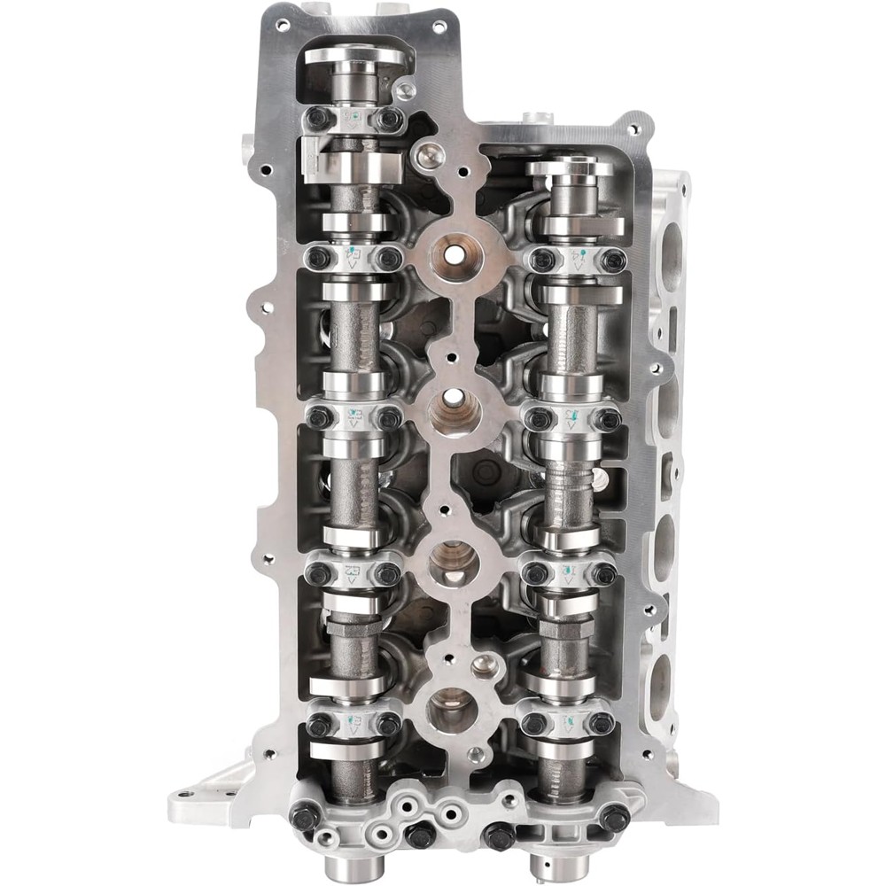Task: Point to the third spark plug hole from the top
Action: pyautogui.click(x=454, y=562)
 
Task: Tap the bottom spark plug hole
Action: pyautogui.click(x=452, y=709)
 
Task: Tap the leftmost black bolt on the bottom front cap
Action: pyautogui.click(x=304, y=816)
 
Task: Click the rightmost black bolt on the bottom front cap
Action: pyautogui.click(x=614, y=816)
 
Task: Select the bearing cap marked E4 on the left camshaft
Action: pyautogui.click(x=354, y=260)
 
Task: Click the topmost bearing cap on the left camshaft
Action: pyautogui.click(x=354, y=118)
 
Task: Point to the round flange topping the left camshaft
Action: pyautogui.click(x=354, y=56)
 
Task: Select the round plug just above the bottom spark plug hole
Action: pyautogui.click(x=483, y=663)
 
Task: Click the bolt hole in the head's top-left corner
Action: pyautogui.click(x=282, y=25)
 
